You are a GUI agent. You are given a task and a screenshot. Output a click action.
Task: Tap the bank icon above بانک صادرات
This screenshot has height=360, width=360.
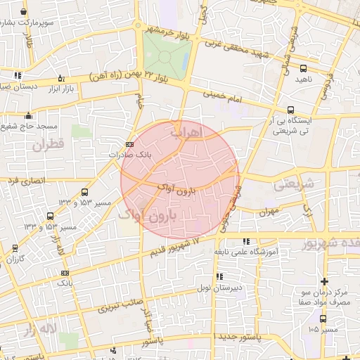(x=127, y=144)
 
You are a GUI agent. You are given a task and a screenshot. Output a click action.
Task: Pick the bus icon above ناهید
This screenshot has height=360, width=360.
(x=303, y=69)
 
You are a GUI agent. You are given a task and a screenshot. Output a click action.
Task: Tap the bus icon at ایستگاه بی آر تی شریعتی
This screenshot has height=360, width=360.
(x=291, y=109)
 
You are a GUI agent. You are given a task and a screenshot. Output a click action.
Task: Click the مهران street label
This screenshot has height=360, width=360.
(x=268, y=211)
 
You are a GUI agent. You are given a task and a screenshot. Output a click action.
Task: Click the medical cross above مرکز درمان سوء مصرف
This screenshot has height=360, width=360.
(x=323, y=281)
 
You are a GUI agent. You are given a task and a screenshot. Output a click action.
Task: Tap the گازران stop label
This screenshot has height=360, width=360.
(x=15, y=259)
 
